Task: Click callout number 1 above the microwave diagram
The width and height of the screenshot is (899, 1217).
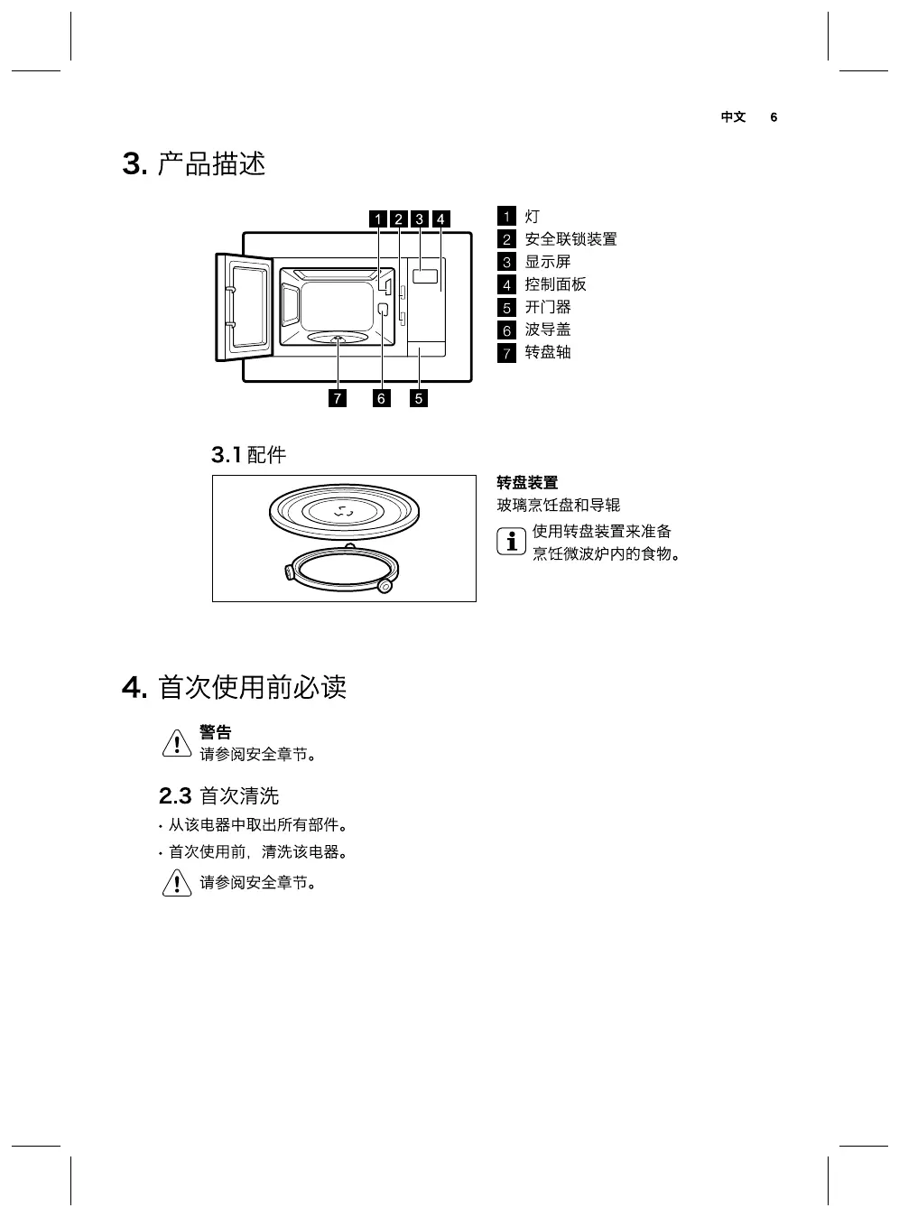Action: click(379, 218)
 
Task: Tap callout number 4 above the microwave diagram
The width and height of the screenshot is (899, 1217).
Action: click(440, 218)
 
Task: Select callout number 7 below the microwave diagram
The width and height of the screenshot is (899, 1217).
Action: click(338, 398)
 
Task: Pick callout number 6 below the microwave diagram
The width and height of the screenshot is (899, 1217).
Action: click(381, 398)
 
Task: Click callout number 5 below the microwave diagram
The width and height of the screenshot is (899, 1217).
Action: click(419, 398)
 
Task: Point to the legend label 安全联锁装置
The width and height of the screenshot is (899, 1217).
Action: click(570, 239)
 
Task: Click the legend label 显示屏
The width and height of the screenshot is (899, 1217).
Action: click(548, 262)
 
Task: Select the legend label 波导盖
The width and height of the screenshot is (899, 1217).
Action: click(548, 330)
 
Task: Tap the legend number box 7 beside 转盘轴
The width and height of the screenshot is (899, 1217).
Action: click(506, 353)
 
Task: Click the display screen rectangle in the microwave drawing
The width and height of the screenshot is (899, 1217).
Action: click(425, 278)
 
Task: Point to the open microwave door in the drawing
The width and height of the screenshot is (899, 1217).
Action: click(244, 307)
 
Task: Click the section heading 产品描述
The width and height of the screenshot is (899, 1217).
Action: click(211, 164)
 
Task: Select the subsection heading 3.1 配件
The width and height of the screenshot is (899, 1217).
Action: click(248, 455)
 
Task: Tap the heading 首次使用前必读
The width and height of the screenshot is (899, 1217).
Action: click(252, 687)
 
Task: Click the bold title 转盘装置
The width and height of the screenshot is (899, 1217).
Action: click(527, 483)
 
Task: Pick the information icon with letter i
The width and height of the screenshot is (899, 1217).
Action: click(511, 542)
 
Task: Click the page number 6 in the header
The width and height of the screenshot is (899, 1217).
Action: click(774, 117)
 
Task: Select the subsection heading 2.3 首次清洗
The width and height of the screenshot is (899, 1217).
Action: click(218, 795)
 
